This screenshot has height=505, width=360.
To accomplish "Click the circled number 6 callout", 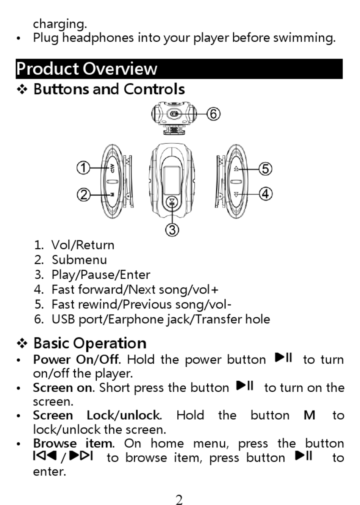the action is (214, 113).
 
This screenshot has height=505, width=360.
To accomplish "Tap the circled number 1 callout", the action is (83, 168).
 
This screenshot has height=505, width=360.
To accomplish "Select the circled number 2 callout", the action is (83, 194).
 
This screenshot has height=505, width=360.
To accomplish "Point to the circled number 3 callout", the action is (172, 229).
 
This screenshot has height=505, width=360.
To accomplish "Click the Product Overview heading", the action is (86, 69).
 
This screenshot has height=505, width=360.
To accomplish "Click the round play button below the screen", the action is (172, 202).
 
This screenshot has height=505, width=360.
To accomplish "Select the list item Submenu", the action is (79, 260).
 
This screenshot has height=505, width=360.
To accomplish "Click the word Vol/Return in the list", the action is (83, 245).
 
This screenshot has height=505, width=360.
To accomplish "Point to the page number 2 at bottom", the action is (179, 500).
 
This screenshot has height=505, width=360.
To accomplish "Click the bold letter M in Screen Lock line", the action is (309, 416).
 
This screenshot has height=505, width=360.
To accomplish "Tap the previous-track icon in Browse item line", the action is (45, 456).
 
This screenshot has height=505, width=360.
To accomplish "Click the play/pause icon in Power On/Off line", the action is (284, 358).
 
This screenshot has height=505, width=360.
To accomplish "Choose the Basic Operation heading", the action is (90, 343).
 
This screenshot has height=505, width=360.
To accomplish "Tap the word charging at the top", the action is (60, 24).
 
